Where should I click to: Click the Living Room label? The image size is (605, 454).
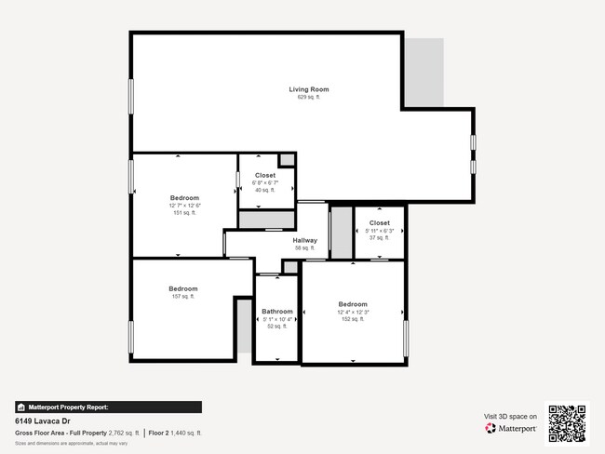click(x=308, y=89)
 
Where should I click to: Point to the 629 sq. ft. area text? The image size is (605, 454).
click(x=308, y=97)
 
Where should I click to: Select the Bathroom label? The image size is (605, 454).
click(x=277, y=312)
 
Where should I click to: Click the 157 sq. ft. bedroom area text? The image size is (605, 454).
click(x=183, y=297)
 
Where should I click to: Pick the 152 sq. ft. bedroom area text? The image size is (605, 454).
click(x=353, y=320)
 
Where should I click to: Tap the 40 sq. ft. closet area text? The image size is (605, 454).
click(x=265, y=190)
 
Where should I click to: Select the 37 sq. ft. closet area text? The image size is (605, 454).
click(x=380, y=238)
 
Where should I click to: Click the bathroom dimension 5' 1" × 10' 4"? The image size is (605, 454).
click(x=277, y=319)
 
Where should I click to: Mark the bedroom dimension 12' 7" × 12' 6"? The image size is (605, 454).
click(x=184, y=206)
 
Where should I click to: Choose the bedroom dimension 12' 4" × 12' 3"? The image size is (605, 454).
click(x=353, y=313)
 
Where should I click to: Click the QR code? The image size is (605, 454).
click(x=567, y=422)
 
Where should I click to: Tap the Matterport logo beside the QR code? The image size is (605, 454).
click(x=511, y=429)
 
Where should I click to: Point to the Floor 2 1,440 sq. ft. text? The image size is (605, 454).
click(x=175, y=434)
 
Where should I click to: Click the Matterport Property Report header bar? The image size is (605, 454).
click(x=108, y=407)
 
